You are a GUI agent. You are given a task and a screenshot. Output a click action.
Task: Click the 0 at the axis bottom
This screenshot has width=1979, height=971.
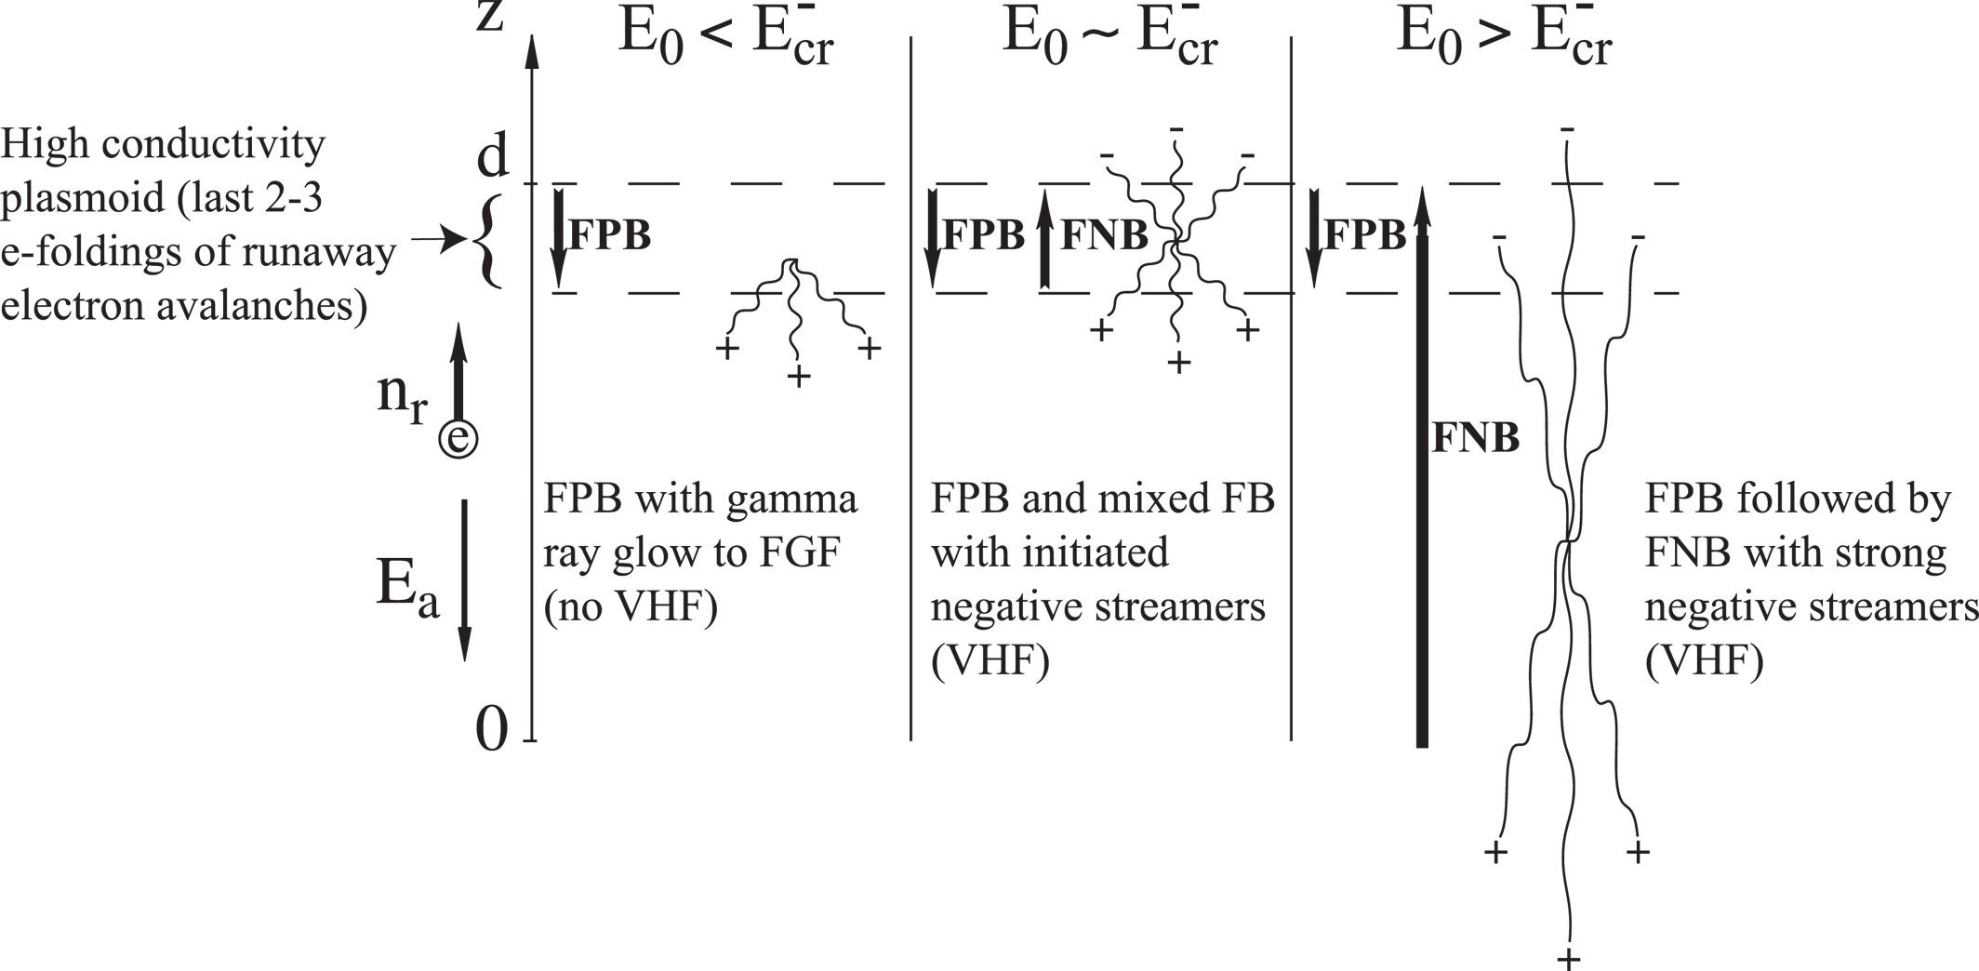point(492,728)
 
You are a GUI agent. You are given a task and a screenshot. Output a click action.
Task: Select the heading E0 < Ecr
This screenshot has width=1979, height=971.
point(725,39)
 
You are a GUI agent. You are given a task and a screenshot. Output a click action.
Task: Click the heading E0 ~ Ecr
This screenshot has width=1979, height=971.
point(1109,39)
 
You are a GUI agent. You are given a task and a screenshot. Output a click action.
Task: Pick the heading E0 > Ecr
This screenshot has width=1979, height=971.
point(1504,39)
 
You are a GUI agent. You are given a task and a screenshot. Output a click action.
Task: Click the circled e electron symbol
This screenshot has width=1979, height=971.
point(458,439)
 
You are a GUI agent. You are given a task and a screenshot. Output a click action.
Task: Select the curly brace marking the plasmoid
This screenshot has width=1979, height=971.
point(487,240)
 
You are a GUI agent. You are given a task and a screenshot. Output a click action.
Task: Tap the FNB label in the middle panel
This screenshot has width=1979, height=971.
point(1104,235)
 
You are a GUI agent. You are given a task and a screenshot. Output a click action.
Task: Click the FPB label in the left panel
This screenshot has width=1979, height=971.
point(609,235)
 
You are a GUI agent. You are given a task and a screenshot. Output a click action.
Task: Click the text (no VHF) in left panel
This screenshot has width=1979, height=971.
point(631,607)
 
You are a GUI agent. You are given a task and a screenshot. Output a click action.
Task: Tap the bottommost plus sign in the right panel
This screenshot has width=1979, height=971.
point(1569,959)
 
